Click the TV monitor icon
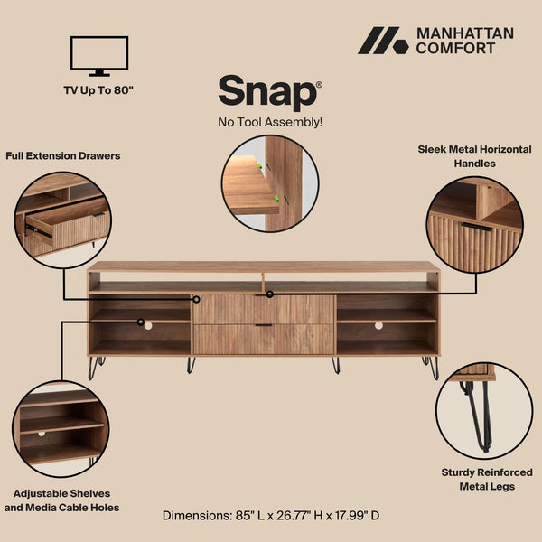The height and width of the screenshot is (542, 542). click(99, 55)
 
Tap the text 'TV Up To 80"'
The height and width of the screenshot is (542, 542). click(99, 89)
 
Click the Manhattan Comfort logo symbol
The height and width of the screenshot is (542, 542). click(383, 42)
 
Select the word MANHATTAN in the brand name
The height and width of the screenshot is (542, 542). click(465, 33)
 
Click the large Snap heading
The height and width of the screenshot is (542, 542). click(268, 93)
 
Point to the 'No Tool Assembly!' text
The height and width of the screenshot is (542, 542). click(270, 121)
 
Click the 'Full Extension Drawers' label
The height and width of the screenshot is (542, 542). click(62, 155)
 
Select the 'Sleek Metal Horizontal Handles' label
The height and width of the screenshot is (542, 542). click(474, 156)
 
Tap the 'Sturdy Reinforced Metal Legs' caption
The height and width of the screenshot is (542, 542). click(487, 479)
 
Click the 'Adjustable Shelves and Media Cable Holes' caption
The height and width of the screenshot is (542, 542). click(61, 500)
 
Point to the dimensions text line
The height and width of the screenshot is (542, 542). click(271, 515)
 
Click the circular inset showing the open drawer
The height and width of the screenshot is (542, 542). click(62, 220)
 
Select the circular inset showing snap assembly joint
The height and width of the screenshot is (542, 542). click(270, 183)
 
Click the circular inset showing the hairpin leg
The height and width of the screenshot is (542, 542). click(483, 411)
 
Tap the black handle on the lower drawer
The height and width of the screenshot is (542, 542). click(263, 325)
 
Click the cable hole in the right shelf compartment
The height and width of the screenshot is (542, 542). click(378, 325)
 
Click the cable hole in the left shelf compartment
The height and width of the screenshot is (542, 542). click(147, 325)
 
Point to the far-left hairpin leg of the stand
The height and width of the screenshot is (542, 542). click(94, 367)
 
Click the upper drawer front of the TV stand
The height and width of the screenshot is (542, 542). click(263, 309)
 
